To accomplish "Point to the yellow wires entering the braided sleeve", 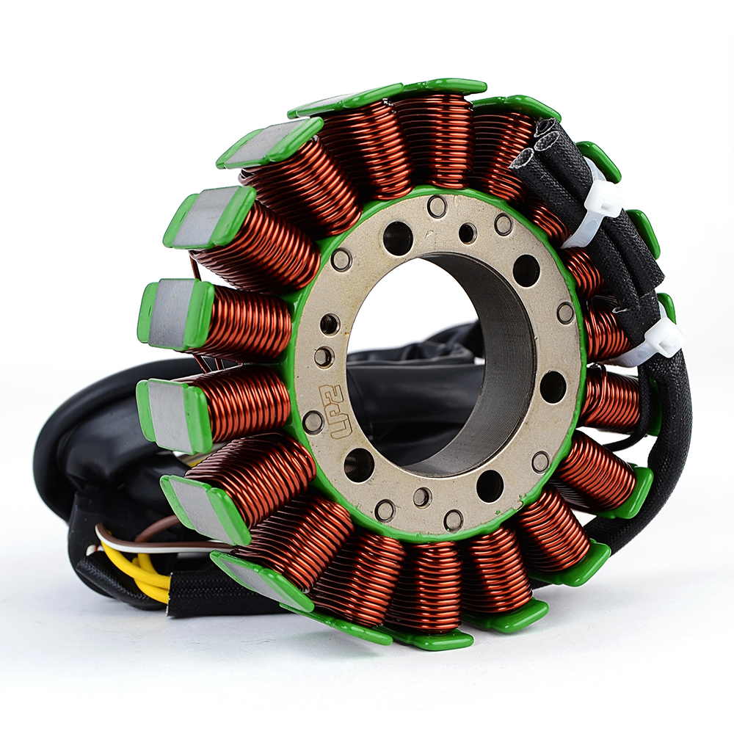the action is (x=146, y=567).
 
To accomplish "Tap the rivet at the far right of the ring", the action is (x=565, y=310).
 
